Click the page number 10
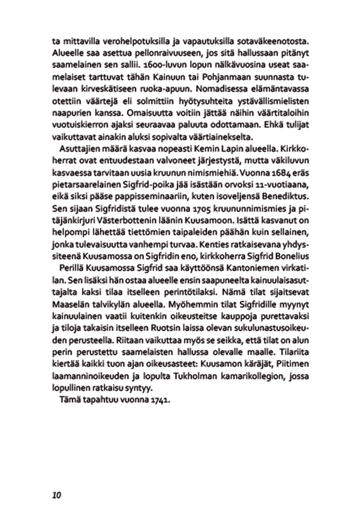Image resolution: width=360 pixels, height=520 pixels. (x=56, y=495)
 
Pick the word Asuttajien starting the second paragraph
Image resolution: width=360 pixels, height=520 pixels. (x=79, y=149)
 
